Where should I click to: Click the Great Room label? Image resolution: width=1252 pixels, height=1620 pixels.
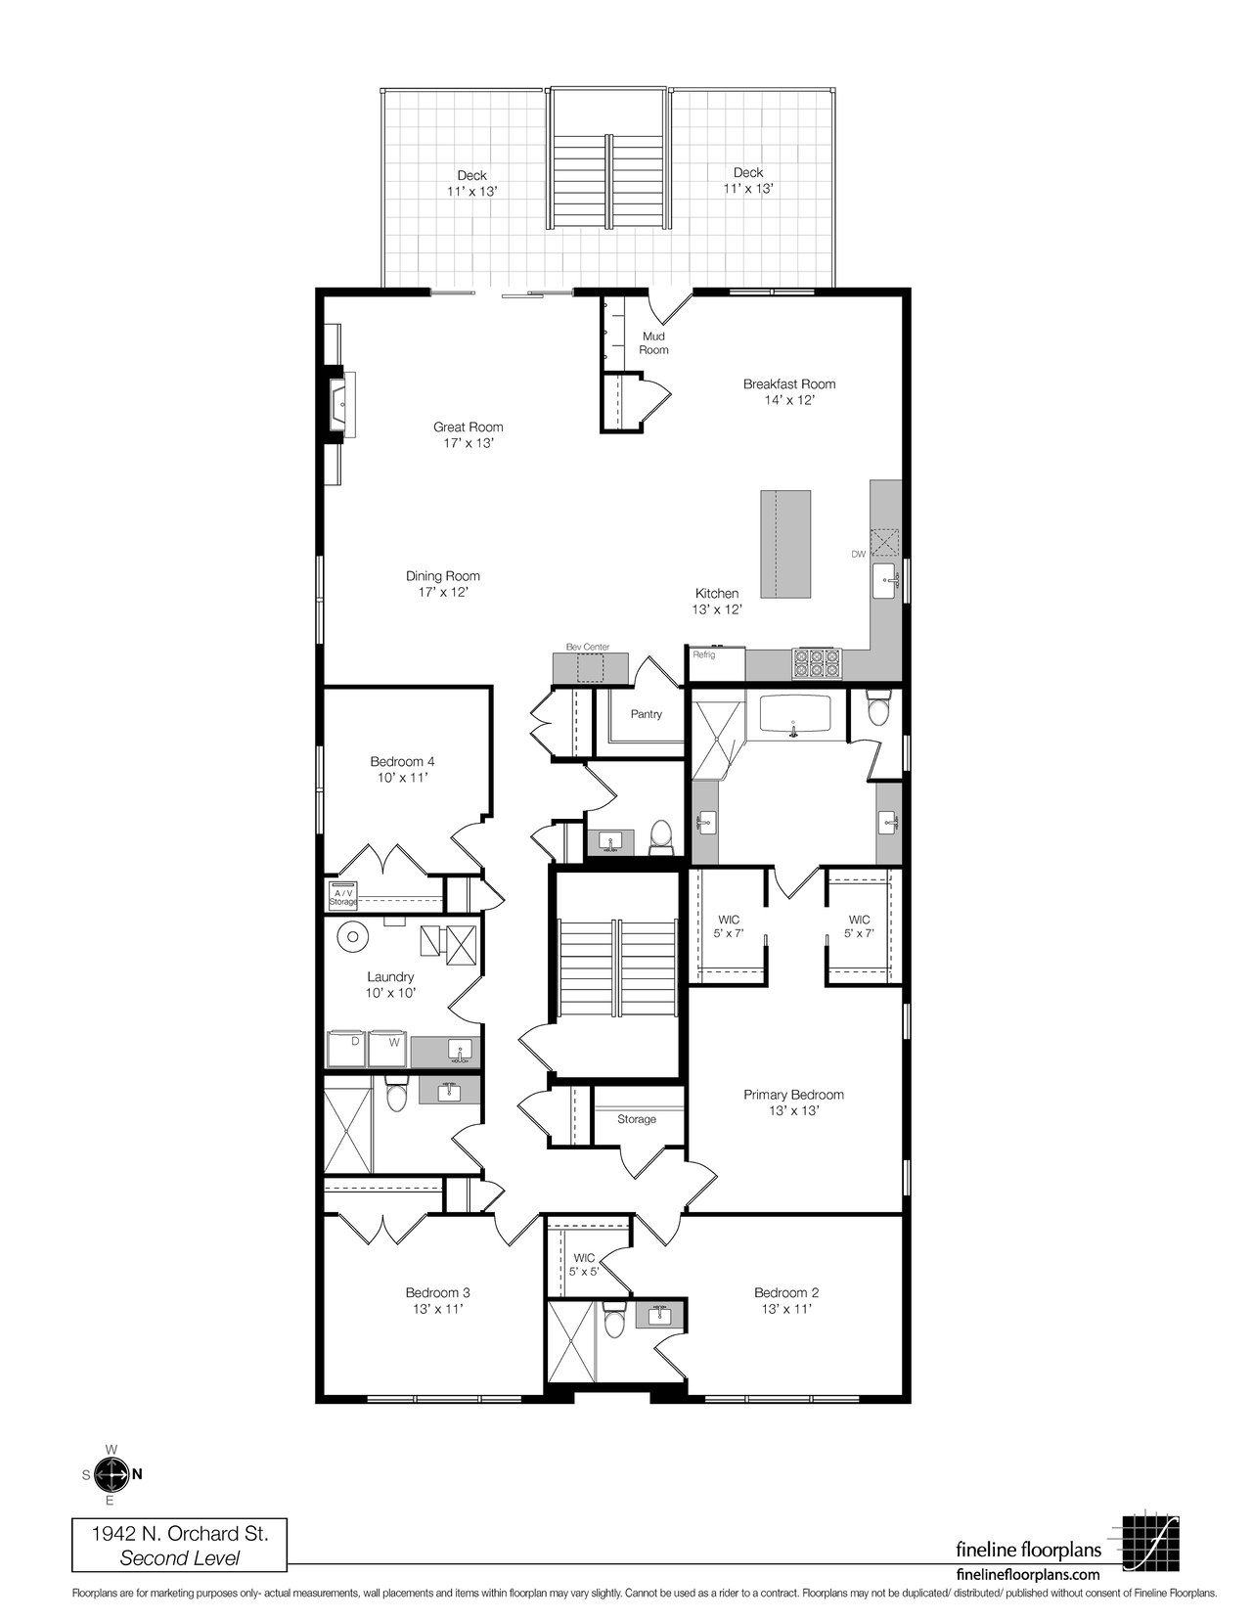[x=468, y=427]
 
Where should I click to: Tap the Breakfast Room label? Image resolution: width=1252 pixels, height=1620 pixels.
[x=789, y=383]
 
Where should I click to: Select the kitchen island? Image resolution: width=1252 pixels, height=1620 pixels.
[x=785, y=544]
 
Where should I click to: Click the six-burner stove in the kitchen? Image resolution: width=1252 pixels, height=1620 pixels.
[x=816, y=662]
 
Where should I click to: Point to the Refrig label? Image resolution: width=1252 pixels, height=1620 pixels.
[x=703, y=654]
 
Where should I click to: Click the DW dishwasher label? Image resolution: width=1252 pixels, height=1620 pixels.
[x=859, y=554]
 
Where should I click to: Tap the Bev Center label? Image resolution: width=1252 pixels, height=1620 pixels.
[x=588, y=647]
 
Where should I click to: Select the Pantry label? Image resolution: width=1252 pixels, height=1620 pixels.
[x=647, y=713]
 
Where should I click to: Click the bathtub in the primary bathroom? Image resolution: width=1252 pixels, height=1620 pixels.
[x=795, y=716]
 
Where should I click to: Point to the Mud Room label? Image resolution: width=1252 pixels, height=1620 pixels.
[x=653, y=343]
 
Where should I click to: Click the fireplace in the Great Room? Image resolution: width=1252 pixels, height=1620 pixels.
[x=341, y=403]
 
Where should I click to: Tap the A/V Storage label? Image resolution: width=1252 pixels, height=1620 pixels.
[x=343, y=897]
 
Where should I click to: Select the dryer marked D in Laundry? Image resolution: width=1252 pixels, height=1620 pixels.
[x=347, y=1050]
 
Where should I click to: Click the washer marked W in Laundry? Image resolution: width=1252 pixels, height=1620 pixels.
[x=386, y=1050]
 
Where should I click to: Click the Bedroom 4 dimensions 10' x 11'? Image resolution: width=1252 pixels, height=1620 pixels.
[x=402, y=778]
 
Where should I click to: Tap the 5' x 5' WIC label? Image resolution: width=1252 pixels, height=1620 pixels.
[x=584, y=1272]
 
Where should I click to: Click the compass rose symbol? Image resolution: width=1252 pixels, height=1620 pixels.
[x=112, y=1473]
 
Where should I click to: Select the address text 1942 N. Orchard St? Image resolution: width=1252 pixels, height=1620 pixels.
[x=180, y=1534]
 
